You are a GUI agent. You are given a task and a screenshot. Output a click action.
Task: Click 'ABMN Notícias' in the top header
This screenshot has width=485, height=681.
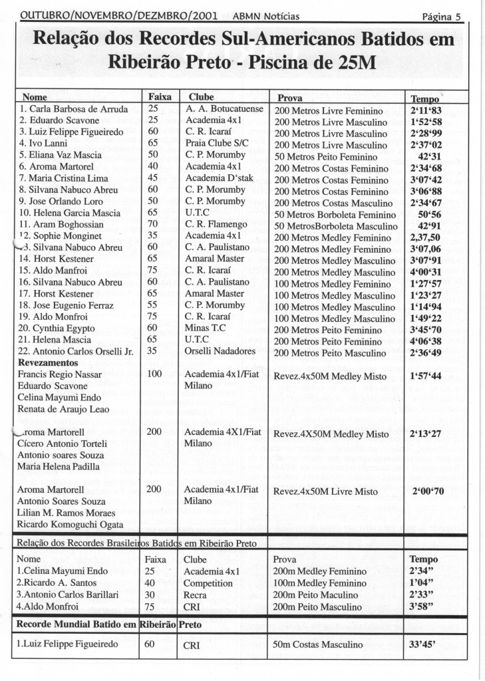click(x=267, y=16)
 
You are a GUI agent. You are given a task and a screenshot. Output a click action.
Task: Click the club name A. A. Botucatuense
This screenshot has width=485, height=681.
click(x=225, y=109)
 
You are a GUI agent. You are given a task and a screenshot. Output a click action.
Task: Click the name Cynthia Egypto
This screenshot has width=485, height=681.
click(x=57, y=329)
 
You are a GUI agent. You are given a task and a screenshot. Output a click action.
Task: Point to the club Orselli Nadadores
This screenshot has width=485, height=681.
click(x=220, y=351)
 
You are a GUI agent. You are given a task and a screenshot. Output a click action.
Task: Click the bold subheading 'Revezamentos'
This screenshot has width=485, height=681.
click(x=50, y=362)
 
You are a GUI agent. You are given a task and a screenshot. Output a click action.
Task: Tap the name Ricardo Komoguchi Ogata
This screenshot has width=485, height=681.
click(x=69, y=525)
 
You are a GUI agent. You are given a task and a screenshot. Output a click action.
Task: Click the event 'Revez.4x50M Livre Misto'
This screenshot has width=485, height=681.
click(x=325, y=492)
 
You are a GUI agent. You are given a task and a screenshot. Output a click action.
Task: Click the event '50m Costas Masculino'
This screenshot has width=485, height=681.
click(x=318, y=644)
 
